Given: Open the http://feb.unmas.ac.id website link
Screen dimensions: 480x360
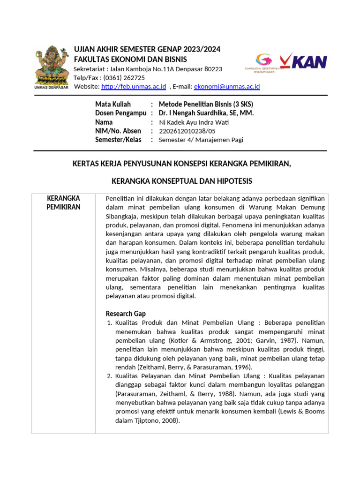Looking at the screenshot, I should click(134, 86).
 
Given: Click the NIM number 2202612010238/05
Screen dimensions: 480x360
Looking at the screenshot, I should click(188, 131).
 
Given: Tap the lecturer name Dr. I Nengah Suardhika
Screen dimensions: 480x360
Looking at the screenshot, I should click(206, 113).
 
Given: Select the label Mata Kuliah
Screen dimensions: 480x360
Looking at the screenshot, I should click(113, 104).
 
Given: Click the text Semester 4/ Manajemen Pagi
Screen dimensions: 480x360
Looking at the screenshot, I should click(201, 140).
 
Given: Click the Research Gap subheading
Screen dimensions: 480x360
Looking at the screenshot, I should click(126, 314).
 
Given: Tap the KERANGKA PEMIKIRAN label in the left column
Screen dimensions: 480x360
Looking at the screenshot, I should click(63, 202).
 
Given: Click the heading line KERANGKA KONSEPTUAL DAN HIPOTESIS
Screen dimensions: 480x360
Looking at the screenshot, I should click(181, 181).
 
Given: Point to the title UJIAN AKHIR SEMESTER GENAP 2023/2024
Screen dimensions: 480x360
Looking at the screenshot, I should click(147, 50).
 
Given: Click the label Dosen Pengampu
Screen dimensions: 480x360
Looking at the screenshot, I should click(120, 113).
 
